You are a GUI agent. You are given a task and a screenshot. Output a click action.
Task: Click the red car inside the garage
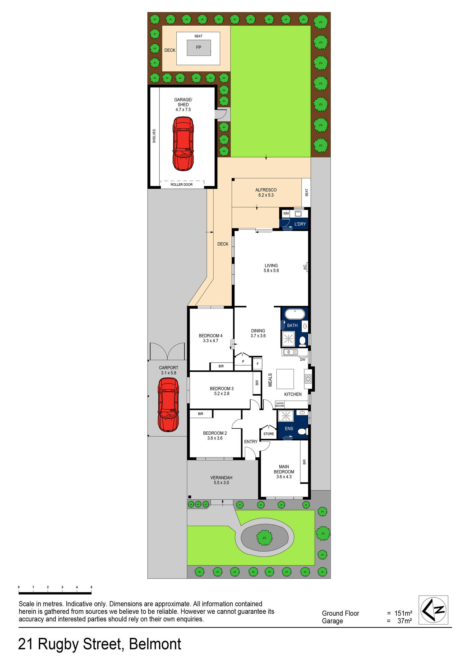coord(183,144)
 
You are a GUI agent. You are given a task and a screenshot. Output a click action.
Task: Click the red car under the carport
coord(168,405)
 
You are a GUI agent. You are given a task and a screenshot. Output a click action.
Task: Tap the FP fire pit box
coord(199,48)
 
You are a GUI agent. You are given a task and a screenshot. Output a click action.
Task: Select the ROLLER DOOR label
coord(181,184)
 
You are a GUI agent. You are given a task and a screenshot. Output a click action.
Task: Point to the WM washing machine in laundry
coord(286,213)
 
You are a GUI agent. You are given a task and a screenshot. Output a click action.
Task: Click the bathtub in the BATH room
coord(295,314)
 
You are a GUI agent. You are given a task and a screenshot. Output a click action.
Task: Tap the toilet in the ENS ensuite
coord(302,431)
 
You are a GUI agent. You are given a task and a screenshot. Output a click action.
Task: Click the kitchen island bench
coord(285,379)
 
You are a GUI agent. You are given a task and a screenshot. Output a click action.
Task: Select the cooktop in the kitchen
coord(308,379)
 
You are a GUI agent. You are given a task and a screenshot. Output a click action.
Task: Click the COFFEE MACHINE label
coord(280,405)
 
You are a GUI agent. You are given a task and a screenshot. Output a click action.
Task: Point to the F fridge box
coord(257,364)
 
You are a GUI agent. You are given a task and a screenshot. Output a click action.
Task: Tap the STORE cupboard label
coord(268,434)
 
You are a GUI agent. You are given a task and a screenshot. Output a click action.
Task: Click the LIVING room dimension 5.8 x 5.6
coord(271,271)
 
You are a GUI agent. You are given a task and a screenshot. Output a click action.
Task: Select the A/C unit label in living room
coord(305,267)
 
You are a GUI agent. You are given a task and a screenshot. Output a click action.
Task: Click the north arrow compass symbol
coord(433,610)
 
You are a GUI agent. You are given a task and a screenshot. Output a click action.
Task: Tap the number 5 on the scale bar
coord(91,587)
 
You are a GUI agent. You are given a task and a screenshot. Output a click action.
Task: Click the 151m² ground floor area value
coord(403,613)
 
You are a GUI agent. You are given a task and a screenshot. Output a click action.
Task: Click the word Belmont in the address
coord(155,644)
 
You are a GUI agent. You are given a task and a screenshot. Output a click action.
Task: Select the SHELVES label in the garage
coord(154,136)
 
